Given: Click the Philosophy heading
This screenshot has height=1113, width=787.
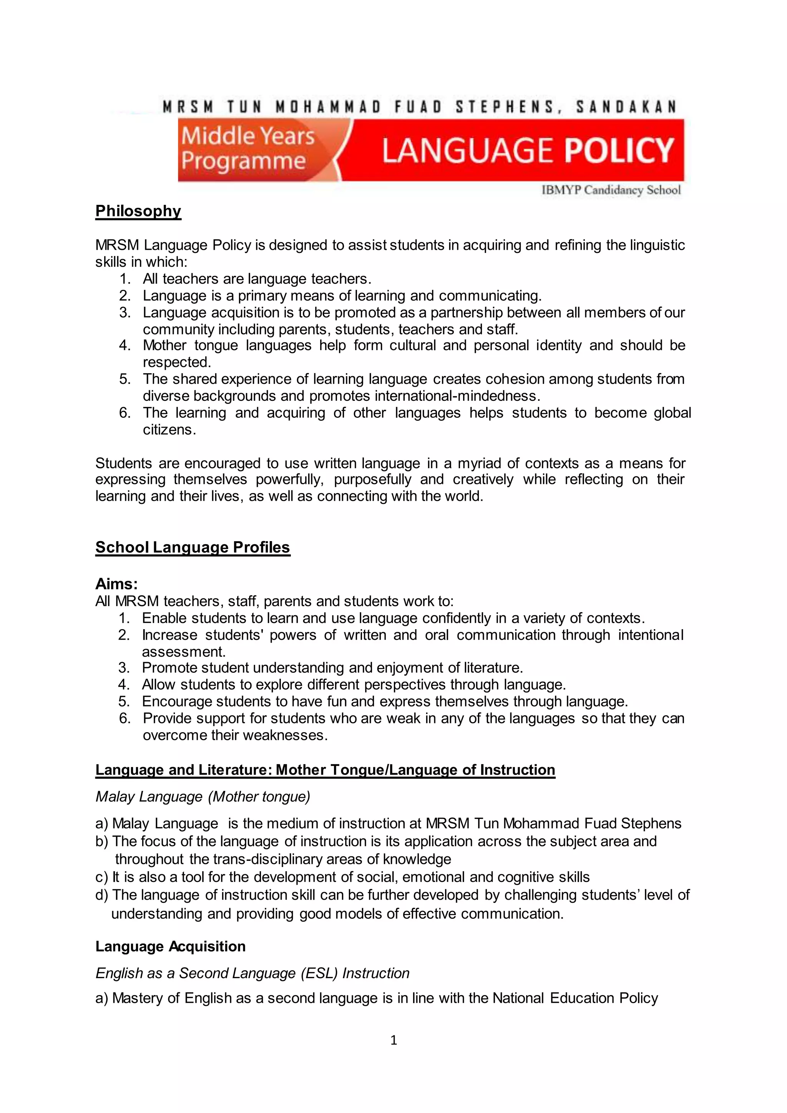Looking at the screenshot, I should (138, 211).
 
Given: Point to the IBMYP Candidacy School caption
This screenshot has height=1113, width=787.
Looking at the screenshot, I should (611, 190).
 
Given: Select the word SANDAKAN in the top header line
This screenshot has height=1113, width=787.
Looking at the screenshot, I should (626, 106).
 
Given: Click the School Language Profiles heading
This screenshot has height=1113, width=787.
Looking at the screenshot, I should (193, 547).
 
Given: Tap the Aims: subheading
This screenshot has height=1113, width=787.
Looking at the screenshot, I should (116, 584).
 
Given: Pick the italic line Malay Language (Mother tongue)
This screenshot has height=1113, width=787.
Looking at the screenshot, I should (203, 796).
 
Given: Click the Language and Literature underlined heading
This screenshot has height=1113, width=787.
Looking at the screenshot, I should (325, 770).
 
